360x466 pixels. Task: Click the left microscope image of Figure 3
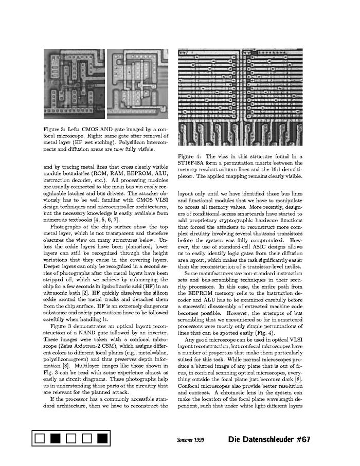tap(74, 84)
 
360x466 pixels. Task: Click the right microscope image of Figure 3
tap(138, 84)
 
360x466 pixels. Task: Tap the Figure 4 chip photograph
tap(240, 98)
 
